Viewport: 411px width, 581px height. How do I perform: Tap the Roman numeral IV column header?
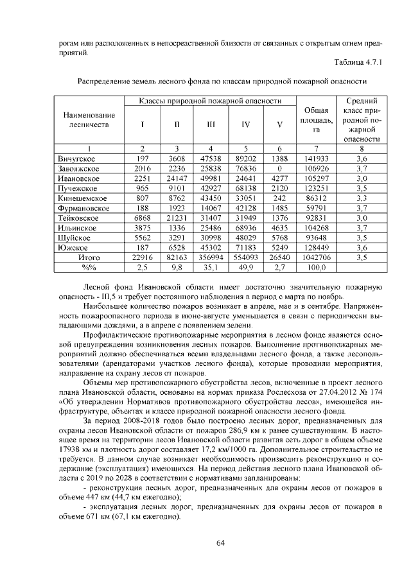coord(246,125)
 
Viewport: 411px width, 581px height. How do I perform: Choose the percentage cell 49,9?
coord(246,268)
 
